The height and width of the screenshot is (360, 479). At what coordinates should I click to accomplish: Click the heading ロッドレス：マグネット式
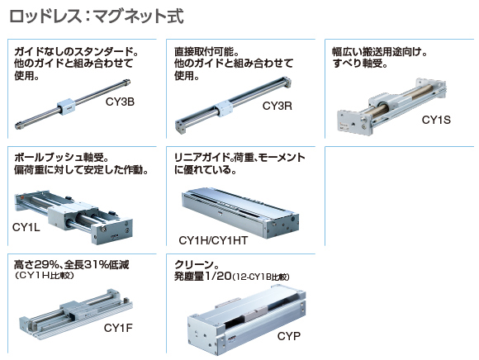(97, 17)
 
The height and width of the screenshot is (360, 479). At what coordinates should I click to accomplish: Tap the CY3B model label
(120, 102)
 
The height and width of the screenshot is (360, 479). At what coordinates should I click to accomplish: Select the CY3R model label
(277, 106)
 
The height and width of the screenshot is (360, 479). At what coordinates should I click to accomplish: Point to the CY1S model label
(436, 120)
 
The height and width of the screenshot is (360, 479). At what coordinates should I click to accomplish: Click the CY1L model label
(26, 227)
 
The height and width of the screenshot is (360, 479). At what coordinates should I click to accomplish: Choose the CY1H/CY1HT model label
(213, 240)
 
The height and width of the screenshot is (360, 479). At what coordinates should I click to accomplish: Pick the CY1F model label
(118, 328)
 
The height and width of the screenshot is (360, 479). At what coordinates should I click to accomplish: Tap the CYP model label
(289, 336)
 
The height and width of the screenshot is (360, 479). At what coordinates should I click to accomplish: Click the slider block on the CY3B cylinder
(66, 107)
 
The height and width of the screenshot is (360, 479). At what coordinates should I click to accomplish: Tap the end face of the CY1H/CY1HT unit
(282, 226)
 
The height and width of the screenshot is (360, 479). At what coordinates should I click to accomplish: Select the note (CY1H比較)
(44, 275)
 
